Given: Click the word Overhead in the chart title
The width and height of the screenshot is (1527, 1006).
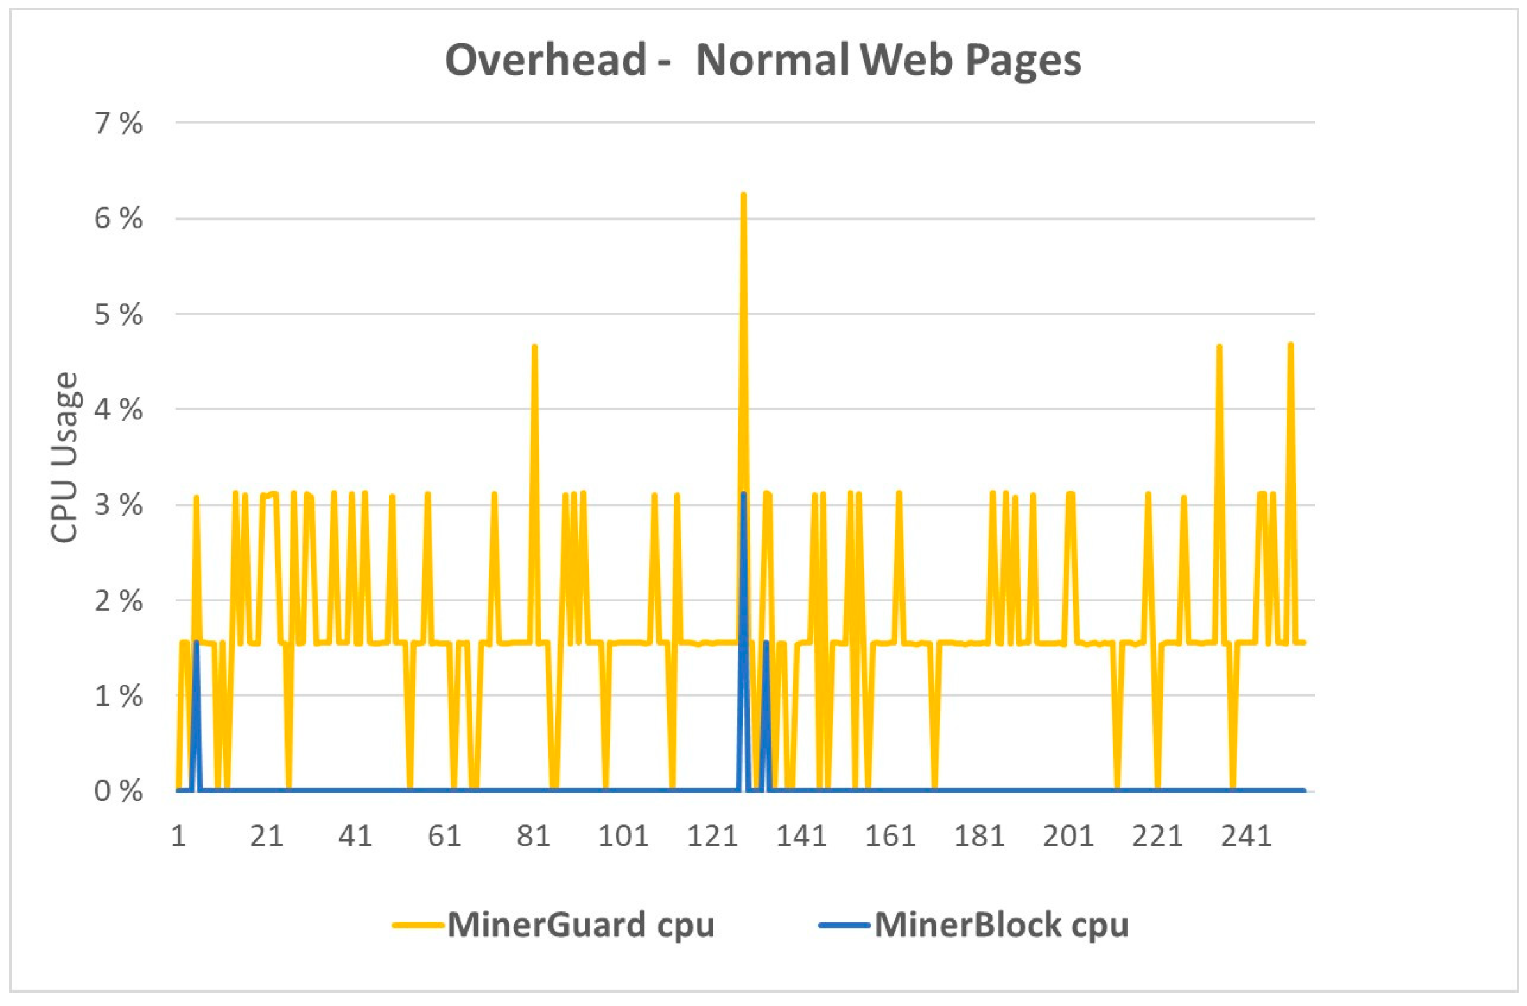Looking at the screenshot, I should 545,60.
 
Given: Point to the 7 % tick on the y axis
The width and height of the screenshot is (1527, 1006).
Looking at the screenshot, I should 119,123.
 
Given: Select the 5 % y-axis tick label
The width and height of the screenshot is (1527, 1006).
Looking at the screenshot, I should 119,314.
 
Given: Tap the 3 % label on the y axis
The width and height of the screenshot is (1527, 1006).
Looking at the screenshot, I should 119,506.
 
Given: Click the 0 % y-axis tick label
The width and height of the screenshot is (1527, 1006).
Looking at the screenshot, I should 119,791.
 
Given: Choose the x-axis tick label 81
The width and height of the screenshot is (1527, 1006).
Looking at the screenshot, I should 533,837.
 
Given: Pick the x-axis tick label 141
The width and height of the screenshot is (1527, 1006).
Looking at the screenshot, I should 801,837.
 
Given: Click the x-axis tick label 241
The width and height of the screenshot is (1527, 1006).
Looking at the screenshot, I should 1246,837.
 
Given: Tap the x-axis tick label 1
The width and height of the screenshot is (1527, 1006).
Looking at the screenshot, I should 178,837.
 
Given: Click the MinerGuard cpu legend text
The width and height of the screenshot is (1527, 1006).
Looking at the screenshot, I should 580,925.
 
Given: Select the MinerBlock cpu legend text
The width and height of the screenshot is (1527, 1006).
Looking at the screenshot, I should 1001,925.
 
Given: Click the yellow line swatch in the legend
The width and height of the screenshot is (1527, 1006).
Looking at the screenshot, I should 417,925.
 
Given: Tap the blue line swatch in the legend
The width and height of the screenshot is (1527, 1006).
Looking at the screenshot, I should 844,925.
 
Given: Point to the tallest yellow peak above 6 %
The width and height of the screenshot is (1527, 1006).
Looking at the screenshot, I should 743,194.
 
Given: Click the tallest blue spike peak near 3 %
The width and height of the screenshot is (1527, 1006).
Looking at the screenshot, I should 743,494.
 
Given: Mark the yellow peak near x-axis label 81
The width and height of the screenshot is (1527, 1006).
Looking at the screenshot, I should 534,347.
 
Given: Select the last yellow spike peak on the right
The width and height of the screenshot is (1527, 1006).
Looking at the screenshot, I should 1291,344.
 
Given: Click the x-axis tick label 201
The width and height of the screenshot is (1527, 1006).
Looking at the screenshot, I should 1067,837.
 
